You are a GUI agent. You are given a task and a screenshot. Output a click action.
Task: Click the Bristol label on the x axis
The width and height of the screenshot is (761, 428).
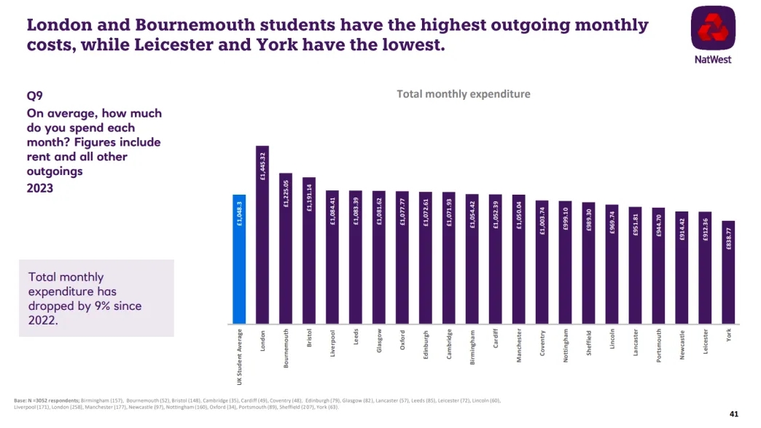click(309, 340)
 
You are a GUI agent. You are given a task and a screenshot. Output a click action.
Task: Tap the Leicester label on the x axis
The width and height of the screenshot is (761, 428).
click(706, 343)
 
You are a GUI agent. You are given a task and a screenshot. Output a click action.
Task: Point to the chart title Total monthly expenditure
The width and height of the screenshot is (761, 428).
click(463, 94)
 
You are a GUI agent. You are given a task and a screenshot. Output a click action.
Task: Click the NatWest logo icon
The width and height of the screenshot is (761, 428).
click(712, 31)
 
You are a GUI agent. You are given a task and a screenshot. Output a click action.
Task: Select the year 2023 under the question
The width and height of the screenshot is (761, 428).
click(41, 187)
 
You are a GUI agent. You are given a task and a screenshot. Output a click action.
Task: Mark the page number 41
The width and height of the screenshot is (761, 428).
click(733, 414)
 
